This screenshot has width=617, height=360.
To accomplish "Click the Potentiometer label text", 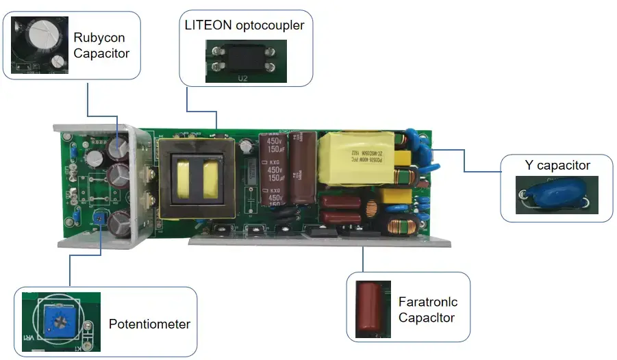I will pos(149,324).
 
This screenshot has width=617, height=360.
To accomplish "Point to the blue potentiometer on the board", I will pos(100,218).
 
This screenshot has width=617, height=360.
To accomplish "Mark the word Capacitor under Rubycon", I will pos(101,53).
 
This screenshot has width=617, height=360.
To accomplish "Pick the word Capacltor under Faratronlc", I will pos(427,318).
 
